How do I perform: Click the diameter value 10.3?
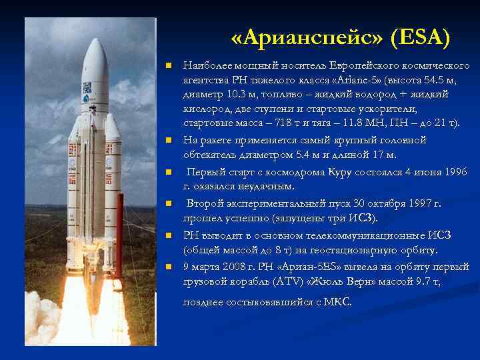(231, 95)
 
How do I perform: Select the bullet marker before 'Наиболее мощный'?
(169, 66)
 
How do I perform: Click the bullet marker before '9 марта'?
(169, 267)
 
